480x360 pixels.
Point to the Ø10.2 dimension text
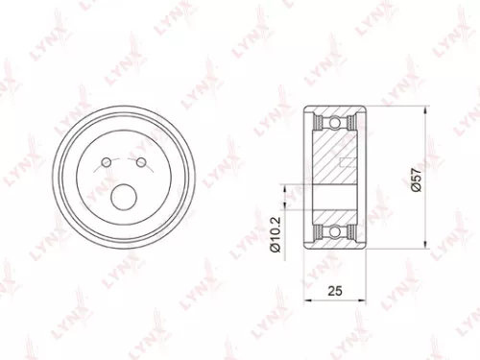point(273,234)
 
